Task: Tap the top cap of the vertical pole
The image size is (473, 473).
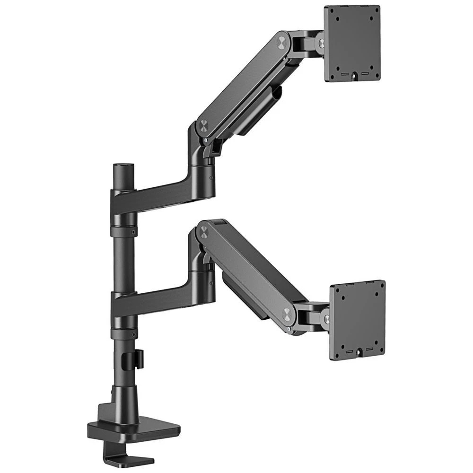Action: [x=123, y=167]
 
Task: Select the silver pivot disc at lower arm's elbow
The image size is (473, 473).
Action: [x=204, y=231]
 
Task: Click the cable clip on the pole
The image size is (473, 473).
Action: [x=138, y=358]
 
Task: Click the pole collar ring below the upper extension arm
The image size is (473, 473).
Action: [x=123, y=231]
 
